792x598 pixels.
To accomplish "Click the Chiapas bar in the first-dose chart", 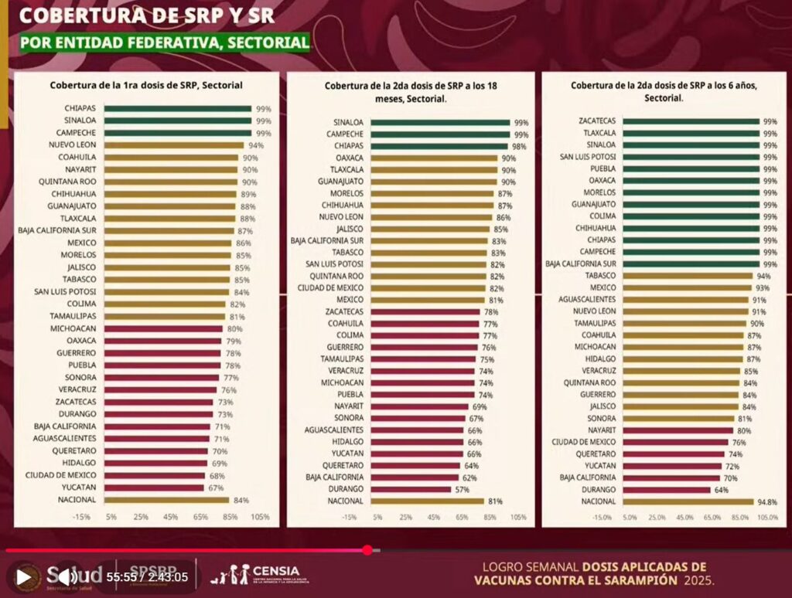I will (x=177, y=109).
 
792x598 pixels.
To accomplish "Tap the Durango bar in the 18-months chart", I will (x=411, y=489).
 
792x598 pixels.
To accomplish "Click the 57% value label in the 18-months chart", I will (x=461, y=489).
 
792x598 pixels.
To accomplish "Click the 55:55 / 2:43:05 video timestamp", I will (x=147, y=576).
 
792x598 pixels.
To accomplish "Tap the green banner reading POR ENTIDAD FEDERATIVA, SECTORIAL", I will (x=165, y=42).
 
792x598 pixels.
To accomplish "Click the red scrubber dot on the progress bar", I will (x=367, y=550).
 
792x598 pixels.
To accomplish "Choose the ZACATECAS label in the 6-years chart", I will (x=597, y=121).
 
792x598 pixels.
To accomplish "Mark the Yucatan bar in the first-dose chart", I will (x=154, y=488).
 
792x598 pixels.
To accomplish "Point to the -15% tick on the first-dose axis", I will (x=81, y=517).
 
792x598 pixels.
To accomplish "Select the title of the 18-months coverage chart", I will (x=411, y=93).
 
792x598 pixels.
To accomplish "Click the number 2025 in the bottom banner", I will (x=698, y=579).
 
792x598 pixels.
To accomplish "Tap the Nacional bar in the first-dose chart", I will (x=166, y=500).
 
